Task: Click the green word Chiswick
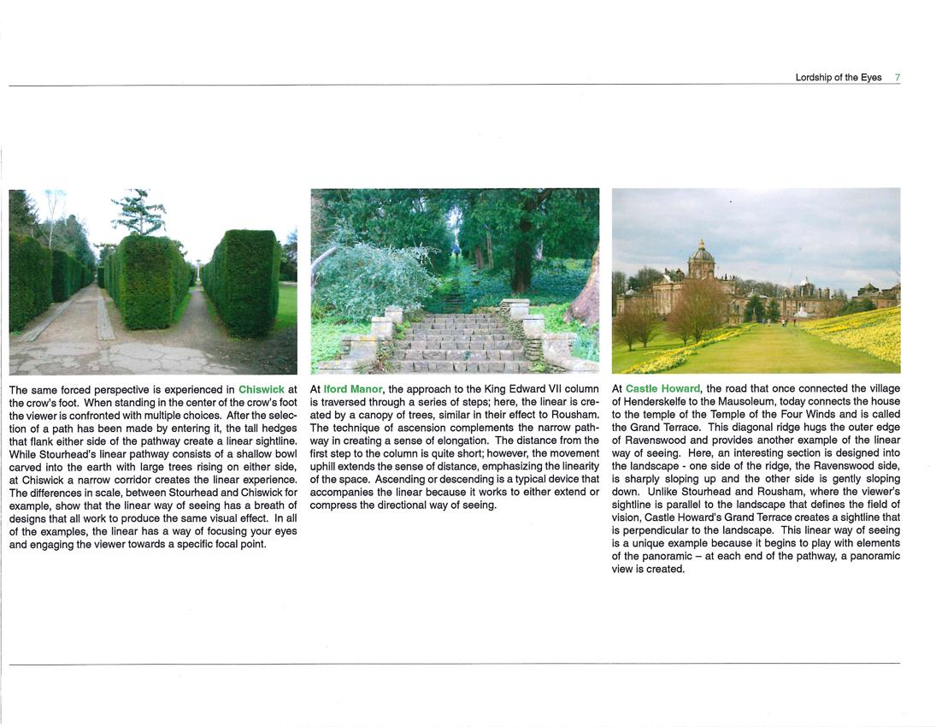262,389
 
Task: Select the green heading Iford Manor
353,389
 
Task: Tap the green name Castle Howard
662,389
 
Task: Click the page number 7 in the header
897,77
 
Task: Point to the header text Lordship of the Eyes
838,77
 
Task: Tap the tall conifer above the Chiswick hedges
138,212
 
